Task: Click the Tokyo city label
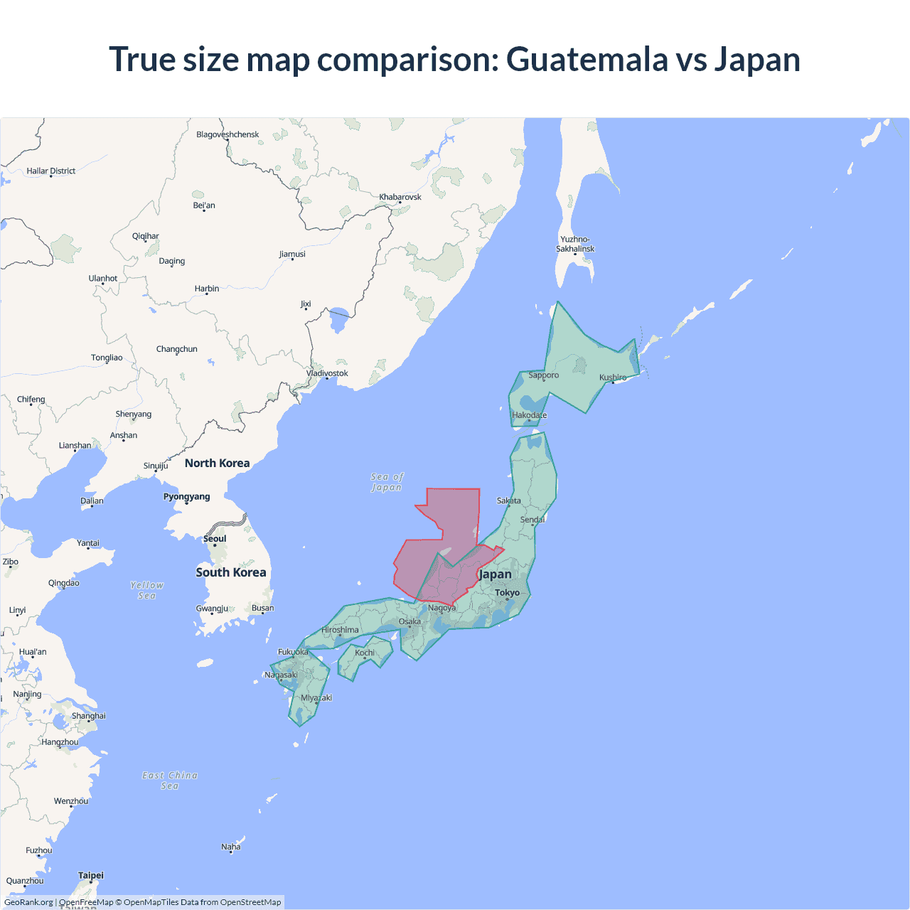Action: click(507, 592)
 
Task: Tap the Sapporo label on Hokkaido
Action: click(543, 375)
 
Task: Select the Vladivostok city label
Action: click(327, 373)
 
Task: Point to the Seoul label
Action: click(215, 538)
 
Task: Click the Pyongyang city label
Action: click(186, 496)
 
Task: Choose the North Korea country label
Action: click(217, 463)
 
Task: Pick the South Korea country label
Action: click(230, 572)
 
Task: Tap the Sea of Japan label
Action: click(387, 482)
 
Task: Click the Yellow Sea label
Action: click(146, 590)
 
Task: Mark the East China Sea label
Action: click(169, 780)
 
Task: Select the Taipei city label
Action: click(90, 875)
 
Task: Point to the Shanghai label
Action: click(88, 716)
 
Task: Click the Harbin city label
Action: click(206, 289)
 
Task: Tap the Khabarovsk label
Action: click(400, 197)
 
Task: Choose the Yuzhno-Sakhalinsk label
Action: click(575, 244)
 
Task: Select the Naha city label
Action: click(230, 847)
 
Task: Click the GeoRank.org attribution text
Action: click(28, 902)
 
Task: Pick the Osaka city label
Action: click(409, 621)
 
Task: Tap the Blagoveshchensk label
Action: click(227, 134)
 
